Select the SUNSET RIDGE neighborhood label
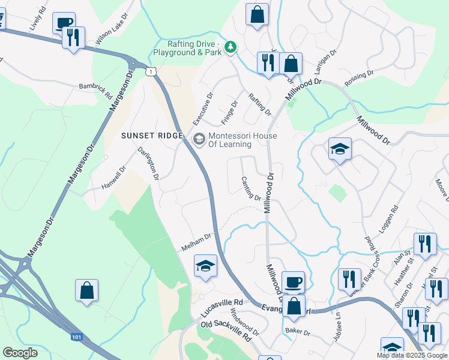click(x=151, y=136)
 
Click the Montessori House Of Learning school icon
click(x=198, y=140)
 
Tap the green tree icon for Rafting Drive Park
click(x=229, y=47)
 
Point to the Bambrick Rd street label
click(x=95, y=91)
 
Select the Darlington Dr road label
click(x=148, y=163)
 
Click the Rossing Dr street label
click(x=360, y=78)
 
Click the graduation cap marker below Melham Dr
click(x=205, y=266)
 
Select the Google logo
click(x=20, y=353)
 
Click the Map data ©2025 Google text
click(x=412, y=355)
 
